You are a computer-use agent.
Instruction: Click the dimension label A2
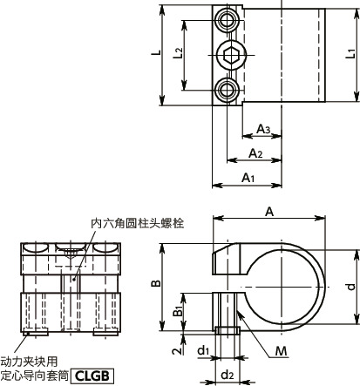click(x=254, y=153)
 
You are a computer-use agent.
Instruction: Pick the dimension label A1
click(x=247, y=178)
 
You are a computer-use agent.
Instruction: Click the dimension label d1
click(x=202, y=350)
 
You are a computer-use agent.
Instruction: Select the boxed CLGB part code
click(x=91, y=376)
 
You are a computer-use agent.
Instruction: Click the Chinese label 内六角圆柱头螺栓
click(x=138, y=223)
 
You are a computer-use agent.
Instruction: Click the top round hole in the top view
click(x=229, y=19)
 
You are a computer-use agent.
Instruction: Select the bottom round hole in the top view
click(x=229, y=89)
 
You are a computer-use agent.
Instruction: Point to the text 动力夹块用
click(x=33, y=360)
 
